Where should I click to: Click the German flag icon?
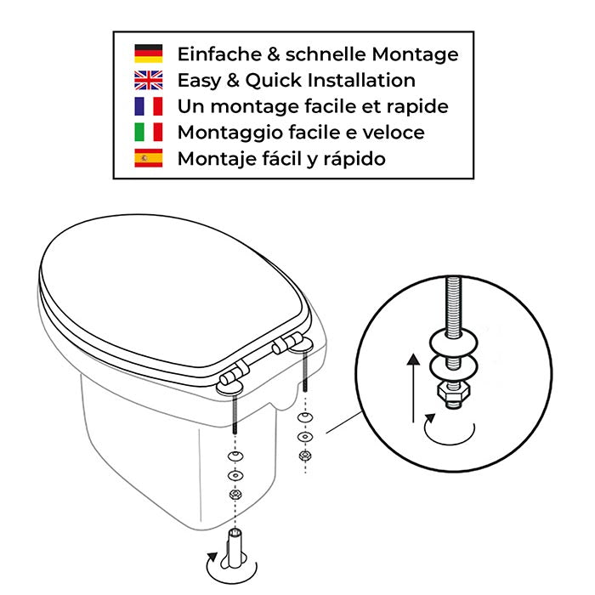point(148,54)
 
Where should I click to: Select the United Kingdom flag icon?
point(148,81)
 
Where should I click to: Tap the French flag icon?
point(148,107)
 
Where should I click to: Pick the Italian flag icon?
point(148,133)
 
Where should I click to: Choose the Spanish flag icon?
point(148,159)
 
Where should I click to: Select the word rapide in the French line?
point(419,107)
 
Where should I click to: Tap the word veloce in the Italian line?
point(393,133)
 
